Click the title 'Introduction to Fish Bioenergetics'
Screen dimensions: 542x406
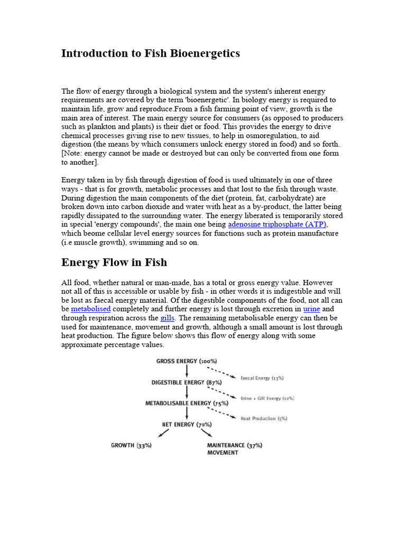click(x=151, y=53)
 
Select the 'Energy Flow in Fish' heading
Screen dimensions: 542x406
click(x=114, y=263)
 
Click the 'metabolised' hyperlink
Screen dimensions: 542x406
click(x=90, y=309)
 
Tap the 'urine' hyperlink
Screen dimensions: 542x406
click(x=311, y=309)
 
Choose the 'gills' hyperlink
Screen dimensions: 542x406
click(x=167, y=318)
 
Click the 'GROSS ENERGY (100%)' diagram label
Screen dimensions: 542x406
click(x=183, y=361)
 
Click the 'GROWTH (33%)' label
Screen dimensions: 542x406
click(x=131, y=446)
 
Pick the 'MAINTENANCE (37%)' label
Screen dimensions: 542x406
click(x=234, y=446)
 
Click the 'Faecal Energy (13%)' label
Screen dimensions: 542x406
click(x=262, y=378)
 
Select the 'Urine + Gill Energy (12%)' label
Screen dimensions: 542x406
click(x=267, y=398)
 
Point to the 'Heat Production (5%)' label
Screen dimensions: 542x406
click(x=264, y=419)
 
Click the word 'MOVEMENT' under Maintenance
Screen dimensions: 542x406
click(x=223, y=453)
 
